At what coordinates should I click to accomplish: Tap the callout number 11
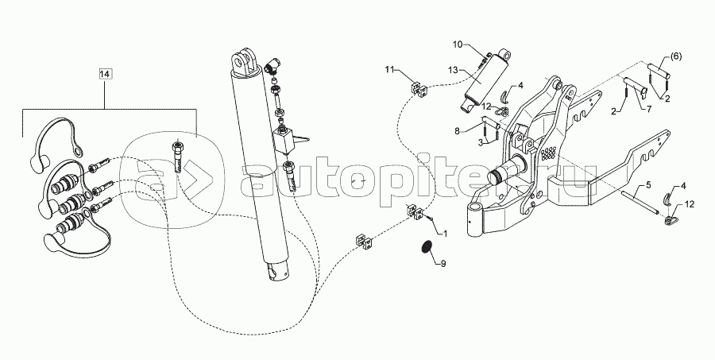point(389,69)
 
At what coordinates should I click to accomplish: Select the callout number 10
point(458,45)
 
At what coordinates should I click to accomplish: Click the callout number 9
point(443,263)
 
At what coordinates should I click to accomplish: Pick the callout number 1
point(445,233)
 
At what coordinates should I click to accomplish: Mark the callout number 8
point(457,130)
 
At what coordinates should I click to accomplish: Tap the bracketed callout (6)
point(676,56)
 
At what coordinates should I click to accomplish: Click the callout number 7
point(649,109)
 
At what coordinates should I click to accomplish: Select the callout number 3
point(480,143)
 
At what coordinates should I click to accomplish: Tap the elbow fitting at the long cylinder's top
point(272,66)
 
